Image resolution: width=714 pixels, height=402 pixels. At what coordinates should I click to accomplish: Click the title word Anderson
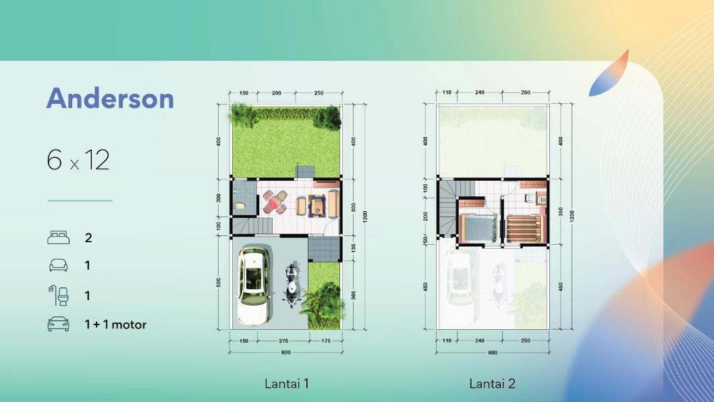[110, 98]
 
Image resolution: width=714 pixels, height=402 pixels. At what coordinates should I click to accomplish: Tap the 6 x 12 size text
[78, 160]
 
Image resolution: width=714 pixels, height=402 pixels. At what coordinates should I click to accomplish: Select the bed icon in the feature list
[58, 237]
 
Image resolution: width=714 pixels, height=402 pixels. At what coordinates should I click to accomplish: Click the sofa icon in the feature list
[58, 265]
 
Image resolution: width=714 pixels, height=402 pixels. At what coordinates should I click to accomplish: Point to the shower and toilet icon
[58, 295]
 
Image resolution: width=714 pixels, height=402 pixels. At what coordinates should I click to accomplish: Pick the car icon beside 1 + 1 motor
[58, 324]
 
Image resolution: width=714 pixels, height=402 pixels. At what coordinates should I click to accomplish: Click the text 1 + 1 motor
[115, 324]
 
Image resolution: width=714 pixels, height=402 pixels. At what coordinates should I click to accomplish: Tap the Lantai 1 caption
[287, 383]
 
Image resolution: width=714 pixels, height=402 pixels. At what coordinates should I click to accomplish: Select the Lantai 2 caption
[492, 383]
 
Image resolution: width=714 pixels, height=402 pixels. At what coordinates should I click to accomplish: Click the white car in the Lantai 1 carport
[254, 285]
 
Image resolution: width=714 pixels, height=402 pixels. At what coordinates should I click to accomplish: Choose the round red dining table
[274, 202]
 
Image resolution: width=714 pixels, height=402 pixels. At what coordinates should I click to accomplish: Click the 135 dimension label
[354, 248]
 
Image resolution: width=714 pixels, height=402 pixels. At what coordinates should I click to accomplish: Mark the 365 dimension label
[354, 295]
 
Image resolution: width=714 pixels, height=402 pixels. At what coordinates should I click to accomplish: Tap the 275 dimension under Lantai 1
[283, 341]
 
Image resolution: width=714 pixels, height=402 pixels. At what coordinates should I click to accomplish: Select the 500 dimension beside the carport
[219, 283]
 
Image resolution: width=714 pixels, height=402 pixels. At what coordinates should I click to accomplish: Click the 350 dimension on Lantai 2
[561, 212]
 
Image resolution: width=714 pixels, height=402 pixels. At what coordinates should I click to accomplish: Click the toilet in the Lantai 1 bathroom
[240, 206]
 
